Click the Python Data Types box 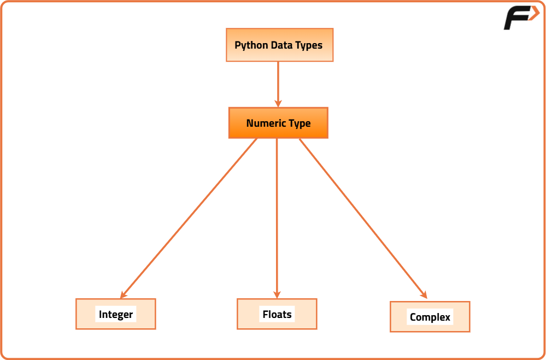(x=279, y=45)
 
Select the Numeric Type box (x=278, y=123)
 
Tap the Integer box (x=115, y=314)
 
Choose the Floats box (x=277, y=314)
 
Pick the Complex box (x=430, y=317)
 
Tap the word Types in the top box (x=309, y=45)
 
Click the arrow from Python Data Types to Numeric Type (x=278, y=82)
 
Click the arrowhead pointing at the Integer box (x=124, y=294)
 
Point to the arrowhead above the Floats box (x=277, y=294)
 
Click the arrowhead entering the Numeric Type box (x=278, y=103)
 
